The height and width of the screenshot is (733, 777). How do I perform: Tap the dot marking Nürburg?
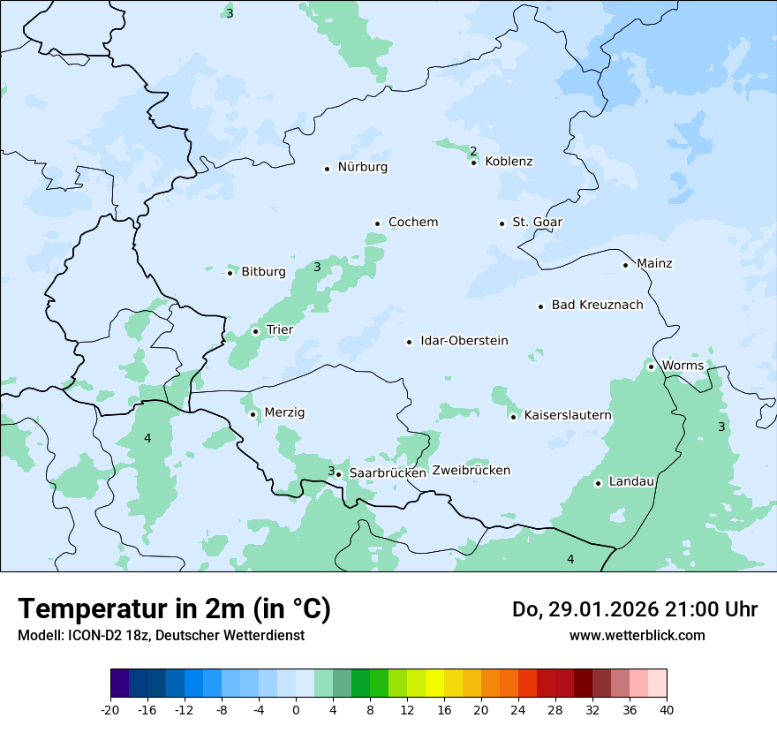pos(327,168)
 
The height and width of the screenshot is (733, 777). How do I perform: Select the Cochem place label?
pos(412,223)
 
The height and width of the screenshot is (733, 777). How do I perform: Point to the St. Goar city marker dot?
pos(502,223)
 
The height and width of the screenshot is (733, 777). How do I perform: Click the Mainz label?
pos(653,264)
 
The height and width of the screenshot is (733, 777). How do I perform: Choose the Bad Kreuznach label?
pos(597,306)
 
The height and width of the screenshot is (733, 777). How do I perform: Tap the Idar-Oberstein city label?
pos(464,341)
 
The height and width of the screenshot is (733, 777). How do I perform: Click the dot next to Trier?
pos(256,331)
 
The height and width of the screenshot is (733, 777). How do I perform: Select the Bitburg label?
pos(263,272)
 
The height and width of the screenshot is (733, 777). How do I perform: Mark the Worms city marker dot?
pos(651,366)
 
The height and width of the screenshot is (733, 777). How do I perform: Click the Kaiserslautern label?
pos(567,415)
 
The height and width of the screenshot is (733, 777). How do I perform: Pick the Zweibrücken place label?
pos(471,471)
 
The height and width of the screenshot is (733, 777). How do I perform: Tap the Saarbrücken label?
pos(388,473)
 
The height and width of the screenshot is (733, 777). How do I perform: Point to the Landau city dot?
pos(598,483)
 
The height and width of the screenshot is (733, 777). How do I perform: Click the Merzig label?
pos(283,413)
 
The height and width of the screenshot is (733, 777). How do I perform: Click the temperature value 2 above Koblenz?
pos(473,151)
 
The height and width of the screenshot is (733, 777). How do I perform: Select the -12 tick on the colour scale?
pos(184,710)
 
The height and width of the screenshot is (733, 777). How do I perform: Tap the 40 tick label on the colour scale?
pos(667,710)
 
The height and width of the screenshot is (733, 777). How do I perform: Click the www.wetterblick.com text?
pos(637,636)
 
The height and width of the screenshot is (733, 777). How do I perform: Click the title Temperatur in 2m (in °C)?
pos(174,609)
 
